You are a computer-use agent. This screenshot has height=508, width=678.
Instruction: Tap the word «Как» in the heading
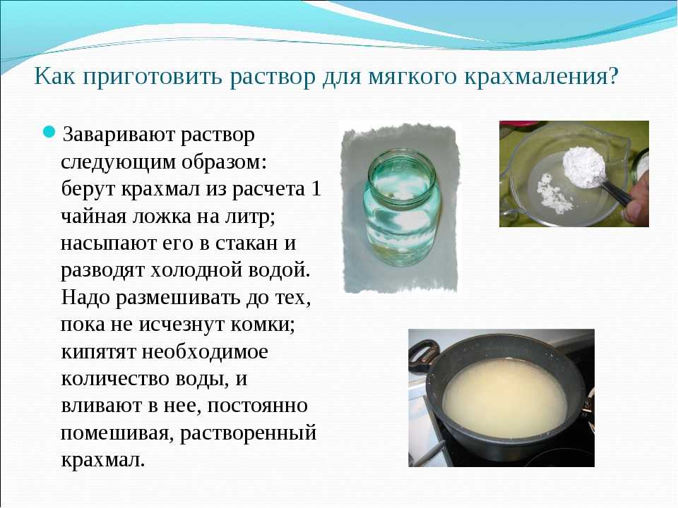click(x=54, y=76)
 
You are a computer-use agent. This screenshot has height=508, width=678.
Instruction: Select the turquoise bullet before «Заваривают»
click(x=49, y=131)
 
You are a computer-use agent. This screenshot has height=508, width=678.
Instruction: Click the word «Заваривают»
click(x=117, y=135)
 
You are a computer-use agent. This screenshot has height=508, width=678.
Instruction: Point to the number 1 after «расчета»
click(x=316, y=189)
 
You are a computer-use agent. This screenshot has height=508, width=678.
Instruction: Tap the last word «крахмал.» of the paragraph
click(x=103, y=459)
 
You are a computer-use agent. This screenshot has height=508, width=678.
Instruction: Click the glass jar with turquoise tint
click(x=402, y=207)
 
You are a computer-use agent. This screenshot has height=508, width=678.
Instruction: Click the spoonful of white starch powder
click(x=583, y=167)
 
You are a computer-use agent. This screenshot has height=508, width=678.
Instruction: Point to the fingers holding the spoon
click(x=636, y=197)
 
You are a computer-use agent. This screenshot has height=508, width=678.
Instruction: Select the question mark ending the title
click(x=612, y=76)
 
